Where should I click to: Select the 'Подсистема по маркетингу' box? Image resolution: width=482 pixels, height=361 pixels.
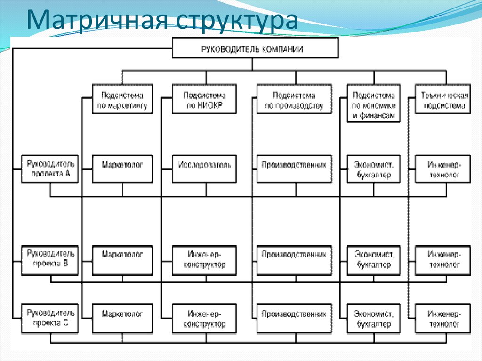click(122, 99)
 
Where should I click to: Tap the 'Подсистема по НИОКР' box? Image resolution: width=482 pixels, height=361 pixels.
click(205, 99)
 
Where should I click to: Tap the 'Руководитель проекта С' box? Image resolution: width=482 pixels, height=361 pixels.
click(51, 319)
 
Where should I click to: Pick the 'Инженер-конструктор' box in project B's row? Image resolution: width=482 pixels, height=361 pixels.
click(205, 260)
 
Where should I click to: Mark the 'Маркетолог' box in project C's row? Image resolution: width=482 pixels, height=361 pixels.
click(122, 319)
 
